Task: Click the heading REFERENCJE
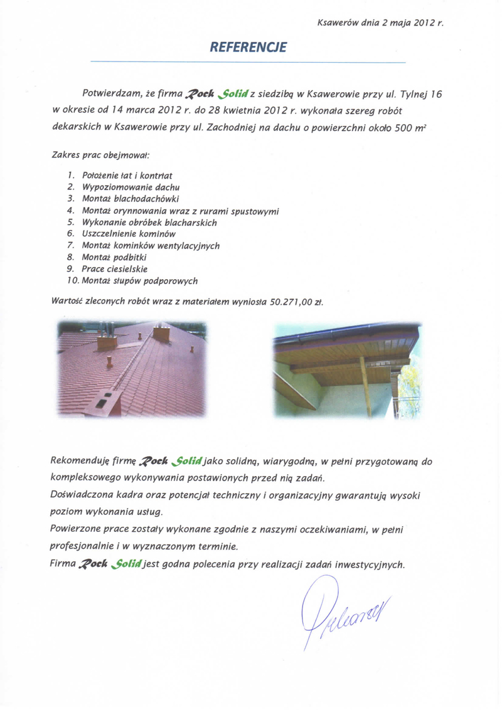pyautogui.click(x=248, y=47)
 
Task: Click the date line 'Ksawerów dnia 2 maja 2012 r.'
pyautogui.click(x=381, y=23)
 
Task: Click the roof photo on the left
pyautogui.click(x=133, y=369)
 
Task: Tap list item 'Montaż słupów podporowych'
pyautogui.click(x=136, y=280)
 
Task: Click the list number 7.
pyautogui.click(x=71, y=245)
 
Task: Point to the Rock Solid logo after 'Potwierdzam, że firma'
pyautogui.click(x=215, y=95)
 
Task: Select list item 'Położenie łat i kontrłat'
pyautogui.click(x=128, y=175)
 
